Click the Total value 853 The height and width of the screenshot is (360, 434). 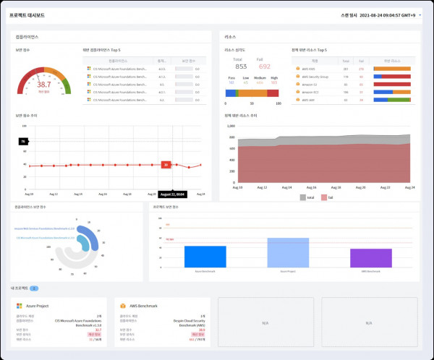click(240, 67)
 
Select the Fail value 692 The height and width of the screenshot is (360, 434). click(265, 67)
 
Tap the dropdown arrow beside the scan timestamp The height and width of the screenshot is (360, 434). click(420, 14)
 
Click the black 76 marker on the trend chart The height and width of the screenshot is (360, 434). click(24, 140)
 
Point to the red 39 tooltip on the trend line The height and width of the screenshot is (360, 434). click(166, 165)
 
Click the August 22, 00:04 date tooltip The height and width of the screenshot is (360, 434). click(173, 195)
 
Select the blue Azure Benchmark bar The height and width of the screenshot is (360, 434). click(205, 257)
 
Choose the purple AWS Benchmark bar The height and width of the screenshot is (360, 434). click(371, 259)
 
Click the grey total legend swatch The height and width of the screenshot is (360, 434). click(302, 197)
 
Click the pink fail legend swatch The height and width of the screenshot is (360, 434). click(324, 197)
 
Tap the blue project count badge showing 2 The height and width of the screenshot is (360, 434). click(34, 288)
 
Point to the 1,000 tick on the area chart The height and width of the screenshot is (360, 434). click(231, 125)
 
